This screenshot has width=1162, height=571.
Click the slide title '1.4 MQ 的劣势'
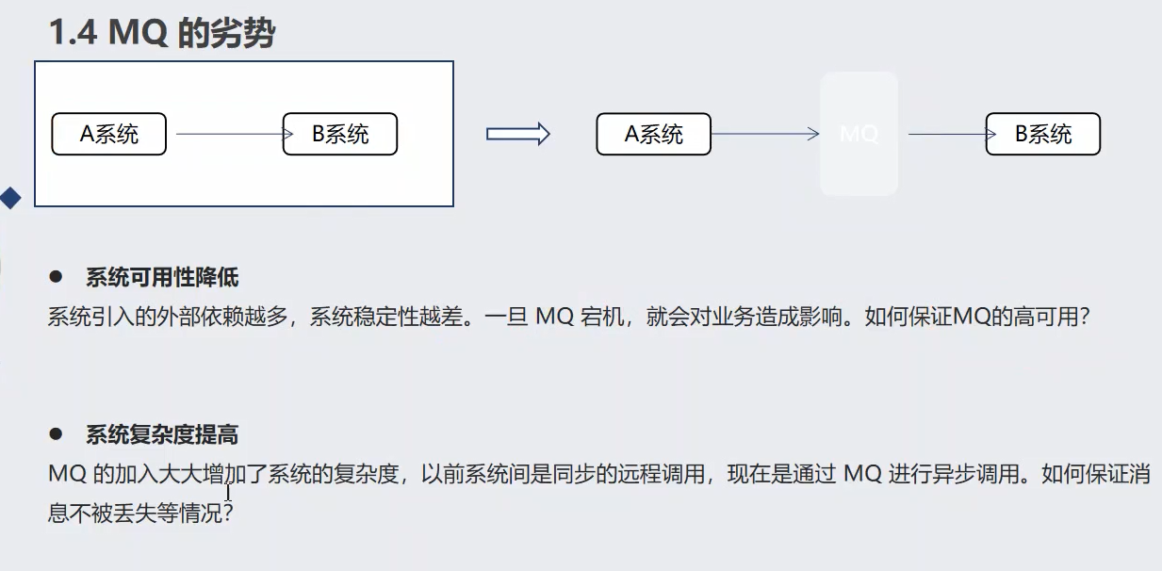tap(161, 33)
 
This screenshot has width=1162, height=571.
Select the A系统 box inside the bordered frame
tap(108, 134)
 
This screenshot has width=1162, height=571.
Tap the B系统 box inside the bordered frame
tap(340, 134)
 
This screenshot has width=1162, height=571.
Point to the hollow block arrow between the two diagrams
tap(517, 134)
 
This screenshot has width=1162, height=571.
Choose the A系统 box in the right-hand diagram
tap(653, 134)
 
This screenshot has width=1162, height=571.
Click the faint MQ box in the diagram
tap(859, 134)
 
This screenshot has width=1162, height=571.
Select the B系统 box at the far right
tap(1043, 134)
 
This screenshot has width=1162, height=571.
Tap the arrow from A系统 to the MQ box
tap(765, 134)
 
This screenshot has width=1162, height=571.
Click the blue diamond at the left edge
tap(10, 198)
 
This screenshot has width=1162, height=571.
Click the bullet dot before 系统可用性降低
tap(56, 277)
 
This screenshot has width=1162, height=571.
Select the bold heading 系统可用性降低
tap(162, 278)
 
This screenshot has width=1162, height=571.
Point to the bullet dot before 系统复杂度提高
tap(56, 434)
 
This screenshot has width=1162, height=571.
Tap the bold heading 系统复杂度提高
tap(162, 434)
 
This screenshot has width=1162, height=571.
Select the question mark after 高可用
tap(1084, 318)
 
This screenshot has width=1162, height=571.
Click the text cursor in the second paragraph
tap(228, 492)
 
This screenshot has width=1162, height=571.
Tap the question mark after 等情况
tap(226, 514)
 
